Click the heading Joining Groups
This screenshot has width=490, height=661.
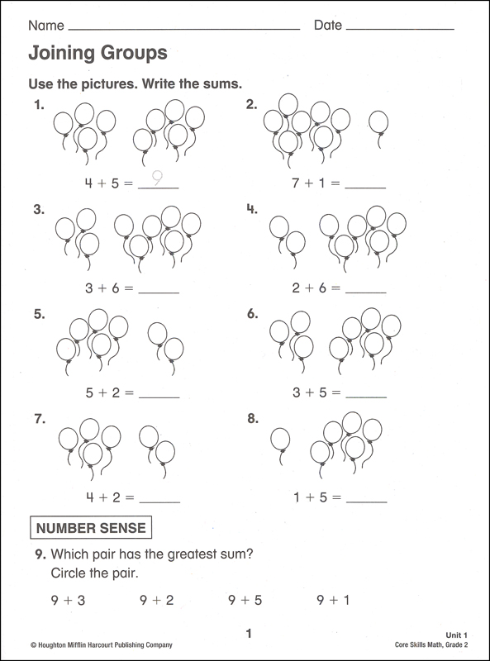point(98,54)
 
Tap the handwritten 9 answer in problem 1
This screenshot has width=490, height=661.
point(157,178)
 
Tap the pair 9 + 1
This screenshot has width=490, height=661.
point(333,601)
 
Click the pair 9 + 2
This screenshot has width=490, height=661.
point(156,601)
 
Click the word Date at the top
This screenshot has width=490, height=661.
point(327,26)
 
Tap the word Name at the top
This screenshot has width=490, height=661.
point(45,26)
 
